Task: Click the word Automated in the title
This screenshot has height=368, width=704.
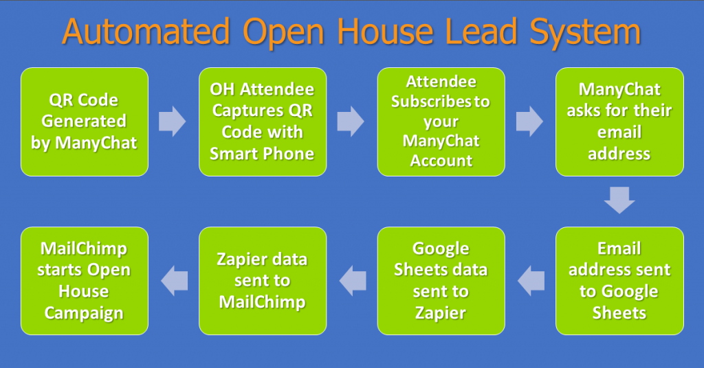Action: [146, 32]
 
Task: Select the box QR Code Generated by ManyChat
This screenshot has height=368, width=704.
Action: [85, 122]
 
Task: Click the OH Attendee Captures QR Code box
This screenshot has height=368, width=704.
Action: [263, 122]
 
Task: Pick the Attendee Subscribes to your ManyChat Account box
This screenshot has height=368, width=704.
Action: [441, 122]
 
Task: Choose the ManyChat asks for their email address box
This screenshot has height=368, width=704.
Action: [619, 122]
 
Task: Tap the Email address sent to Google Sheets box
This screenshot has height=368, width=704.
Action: [619, 281]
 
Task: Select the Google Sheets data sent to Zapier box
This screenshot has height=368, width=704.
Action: [441, 281]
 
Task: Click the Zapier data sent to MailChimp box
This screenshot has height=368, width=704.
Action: [263, 281]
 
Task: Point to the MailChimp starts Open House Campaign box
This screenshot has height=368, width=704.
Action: [85, 281]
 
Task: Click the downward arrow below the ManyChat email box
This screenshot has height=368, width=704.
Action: [619, 200]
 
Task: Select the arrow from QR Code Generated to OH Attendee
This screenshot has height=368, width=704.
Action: [173, 122]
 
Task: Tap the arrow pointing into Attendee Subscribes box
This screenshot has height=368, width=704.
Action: [351, 122]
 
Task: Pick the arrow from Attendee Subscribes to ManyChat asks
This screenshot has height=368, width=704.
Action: [530, 122]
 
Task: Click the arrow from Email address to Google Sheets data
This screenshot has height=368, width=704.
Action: [531, 281]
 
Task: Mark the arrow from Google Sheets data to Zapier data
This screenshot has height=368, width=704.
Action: [353, 281]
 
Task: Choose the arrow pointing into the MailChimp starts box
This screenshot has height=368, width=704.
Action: [174, 281]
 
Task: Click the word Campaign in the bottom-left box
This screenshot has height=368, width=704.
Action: [84, 313]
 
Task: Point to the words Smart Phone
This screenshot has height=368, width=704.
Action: [262, 154]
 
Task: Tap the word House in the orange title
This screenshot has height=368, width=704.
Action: [385, 32]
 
